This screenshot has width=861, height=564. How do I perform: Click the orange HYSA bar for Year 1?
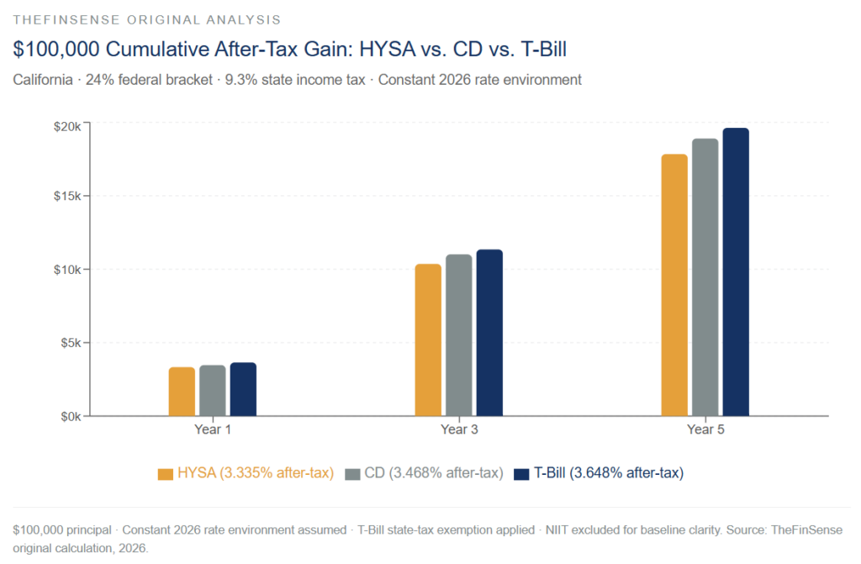point(182,392)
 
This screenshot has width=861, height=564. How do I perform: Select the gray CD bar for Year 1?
point(213,391)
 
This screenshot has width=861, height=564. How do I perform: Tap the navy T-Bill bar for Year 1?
point(243,389)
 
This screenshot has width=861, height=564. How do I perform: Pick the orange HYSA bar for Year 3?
point(428,340)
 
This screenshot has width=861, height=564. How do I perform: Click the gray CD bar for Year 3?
point(459,335)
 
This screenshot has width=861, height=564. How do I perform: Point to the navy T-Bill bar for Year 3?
point(489,333)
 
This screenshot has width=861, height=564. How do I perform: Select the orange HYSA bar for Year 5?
point(674,285)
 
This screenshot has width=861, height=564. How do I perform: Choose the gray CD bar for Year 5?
point(705,277)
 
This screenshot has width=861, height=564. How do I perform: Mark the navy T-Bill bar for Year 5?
point(736,272)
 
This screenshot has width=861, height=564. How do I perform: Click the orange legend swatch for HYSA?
point(165,474)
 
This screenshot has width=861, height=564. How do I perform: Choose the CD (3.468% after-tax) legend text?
point(434,473)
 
